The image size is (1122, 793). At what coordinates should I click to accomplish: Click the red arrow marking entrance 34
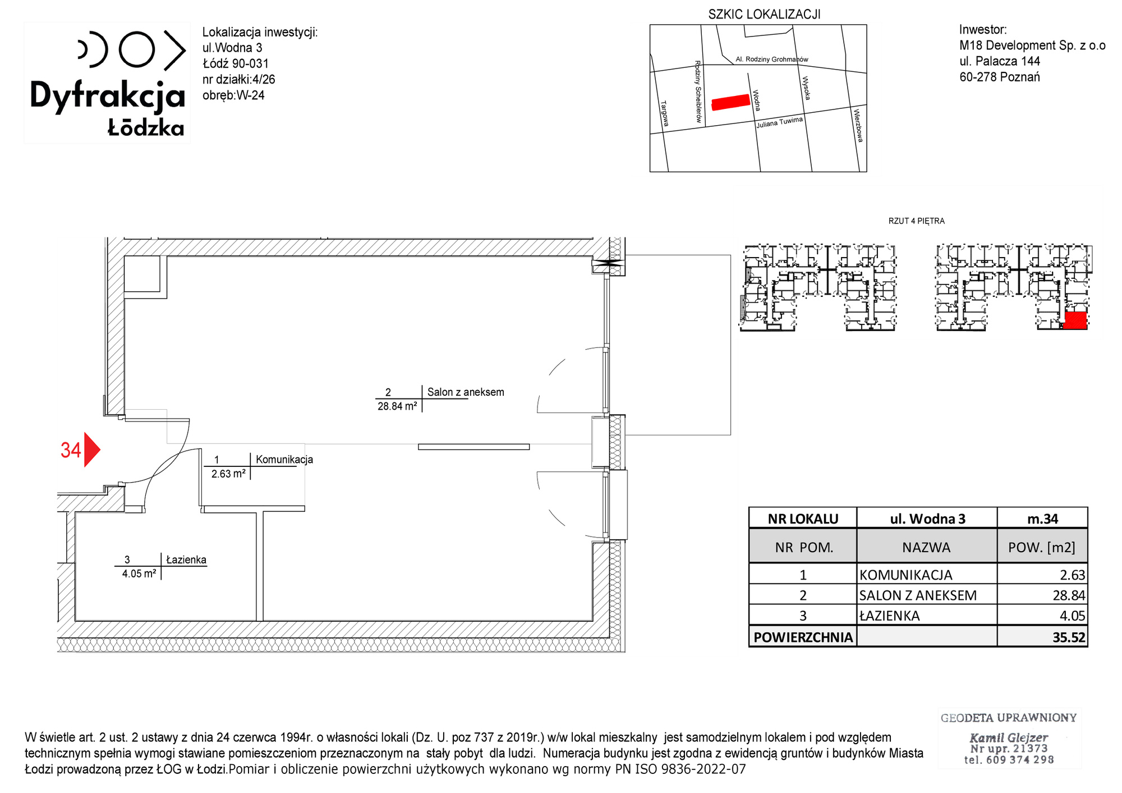tap(91, 450)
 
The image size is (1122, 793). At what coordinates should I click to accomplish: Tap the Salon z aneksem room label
tap(466, 392)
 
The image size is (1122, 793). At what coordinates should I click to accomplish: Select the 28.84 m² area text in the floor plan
tap(397, 406)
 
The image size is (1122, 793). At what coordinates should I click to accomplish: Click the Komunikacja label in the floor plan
tap(284, 459)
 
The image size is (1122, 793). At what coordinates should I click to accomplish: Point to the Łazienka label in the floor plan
tap(186, 560)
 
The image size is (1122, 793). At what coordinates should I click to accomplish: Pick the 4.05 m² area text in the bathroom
tap(139, 574)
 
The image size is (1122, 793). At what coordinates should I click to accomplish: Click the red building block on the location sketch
tap(730, 102)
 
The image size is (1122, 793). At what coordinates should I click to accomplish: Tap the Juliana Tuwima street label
tap(779, 122)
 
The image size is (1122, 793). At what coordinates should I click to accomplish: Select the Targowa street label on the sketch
tap(665, 113)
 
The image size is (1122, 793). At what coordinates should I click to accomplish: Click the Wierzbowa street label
tap(858, 125)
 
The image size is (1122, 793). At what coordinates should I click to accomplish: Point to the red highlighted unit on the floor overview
tap(1075, 320)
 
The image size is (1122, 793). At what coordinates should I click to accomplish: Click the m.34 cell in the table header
tap(1042, 519)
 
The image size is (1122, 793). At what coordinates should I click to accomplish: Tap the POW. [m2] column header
tap(1042, 547)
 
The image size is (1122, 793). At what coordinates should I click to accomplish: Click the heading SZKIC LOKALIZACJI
tap(764, 15)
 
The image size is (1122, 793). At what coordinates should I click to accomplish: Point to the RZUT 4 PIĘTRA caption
tap(917, 221)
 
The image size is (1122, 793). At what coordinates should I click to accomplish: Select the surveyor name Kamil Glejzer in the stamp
tap(1009, 737)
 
